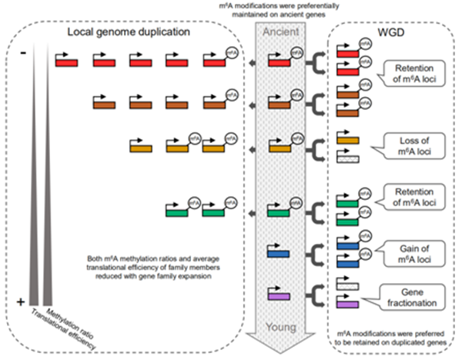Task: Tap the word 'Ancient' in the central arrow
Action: point(283,34)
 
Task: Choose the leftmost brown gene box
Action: point(103,105)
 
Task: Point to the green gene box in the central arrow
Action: point(278,209)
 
